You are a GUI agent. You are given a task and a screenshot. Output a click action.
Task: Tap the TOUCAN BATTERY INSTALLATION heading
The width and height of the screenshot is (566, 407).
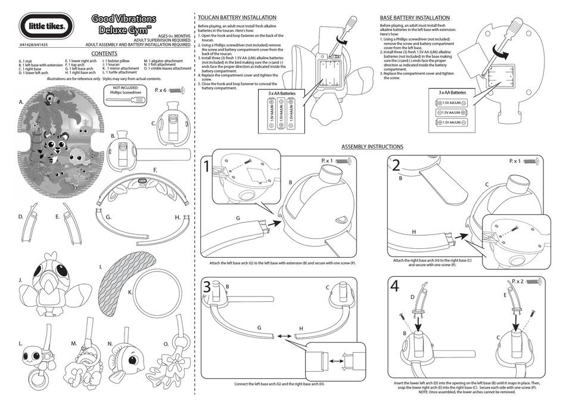tap(237, 18)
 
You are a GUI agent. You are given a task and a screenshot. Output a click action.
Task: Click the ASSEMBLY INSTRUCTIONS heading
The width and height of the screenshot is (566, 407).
tap(372, 147)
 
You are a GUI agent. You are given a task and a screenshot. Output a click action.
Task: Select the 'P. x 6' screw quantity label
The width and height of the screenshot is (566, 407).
tap(161, 90)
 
